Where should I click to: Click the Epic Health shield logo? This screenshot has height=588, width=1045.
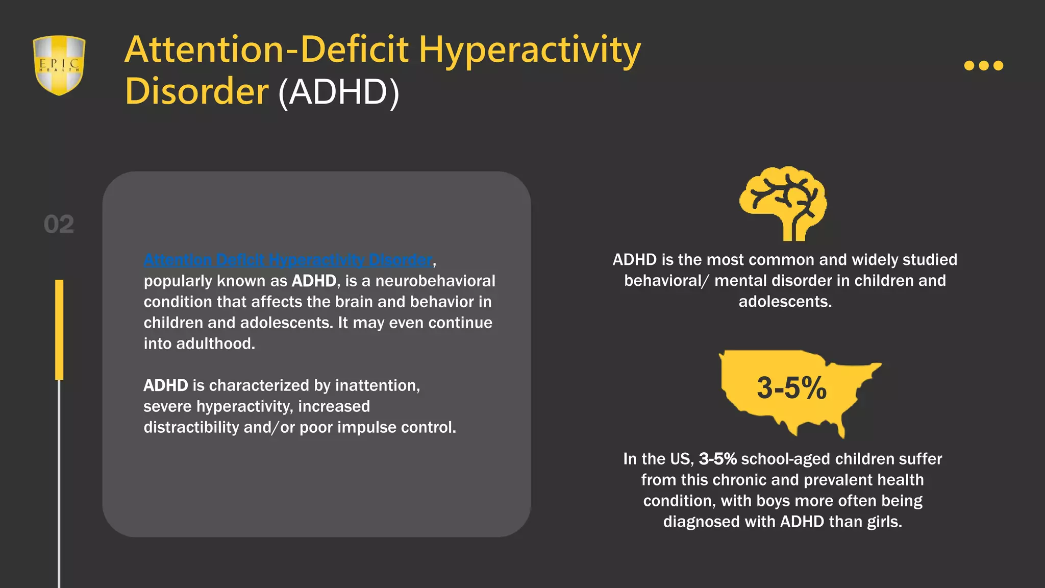click(59, 65)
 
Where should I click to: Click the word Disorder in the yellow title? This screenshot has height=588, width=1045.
click(196, 92)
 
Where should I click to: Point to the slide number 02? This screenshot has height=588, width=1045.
click(59, 225)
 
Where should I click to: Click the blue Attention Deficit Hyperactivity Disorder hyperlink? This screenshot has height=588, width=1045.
click(288, 260)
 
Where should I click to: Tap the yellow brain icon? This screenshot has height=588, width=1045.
click(783, 203)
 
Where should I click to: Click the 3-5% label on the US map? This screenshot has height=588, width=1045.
click(791, 388)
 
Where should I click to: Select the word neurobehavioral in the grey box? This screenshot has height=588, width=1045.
click(435, 281)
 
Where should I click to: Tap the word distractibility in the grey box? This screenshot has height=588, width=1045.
click(191, 427)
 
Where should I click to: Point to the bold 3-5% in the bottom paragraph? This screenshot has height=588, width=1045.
click(717, 459)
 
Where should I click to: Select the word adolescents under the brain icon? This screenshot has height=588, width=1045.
click(785, 302)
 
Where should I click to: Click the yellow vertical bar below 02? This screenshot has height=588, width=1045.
click(59, 329)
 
